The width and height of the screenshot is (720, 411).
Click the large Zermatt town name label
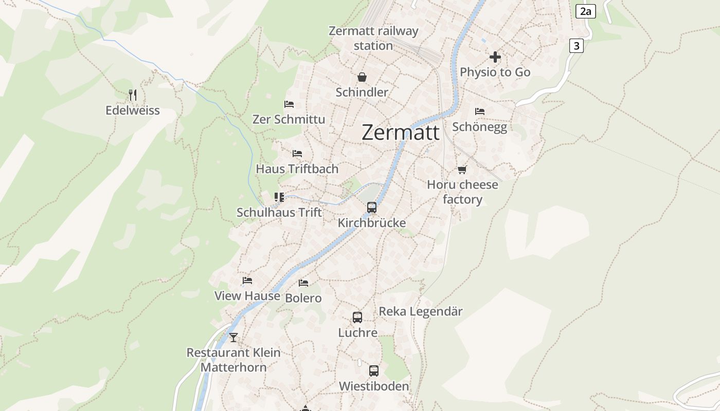[x=401, y=132]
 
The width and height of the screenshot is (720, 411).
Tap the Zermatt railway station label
[x=373, y=38]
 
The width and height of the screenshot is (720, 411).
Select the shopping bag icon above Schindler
[x=362, y=78]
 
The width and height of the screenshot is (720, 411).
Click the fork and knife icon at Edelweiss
[x=133, y=95]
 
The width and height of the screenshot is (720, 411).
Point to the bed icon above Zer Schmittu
[x=289, y=104]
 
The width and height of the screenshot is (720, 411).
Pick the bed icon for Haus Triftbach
[x=297, y=154]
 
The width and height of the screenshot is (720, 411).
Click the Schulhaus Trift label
[x=279, y=212]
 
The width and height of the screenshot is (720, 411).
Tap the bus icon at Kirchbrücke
[x=371, y=208]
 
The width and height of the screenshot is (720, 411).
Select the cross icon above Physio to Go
[x=495, y=57]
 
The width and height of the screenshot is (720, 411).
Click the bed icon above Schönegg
[x=480, y=111]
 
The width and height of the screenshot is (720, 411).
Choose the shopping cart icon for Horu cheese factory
[x=462, y=170]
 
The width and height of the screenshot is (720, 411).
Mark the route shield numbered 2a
[x=585, y=11]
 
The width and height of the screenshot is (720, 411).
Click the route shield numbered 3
[x=577, y=46]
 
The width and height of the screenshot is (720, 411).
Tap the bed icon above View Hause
[x=247, y=281]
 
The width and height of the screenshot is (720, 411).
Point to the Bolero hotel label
[x=303, y=298]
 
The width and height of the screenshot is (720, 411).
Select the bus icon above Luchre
[x=357, y=317]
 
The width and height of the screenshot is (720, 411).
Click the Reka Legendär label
[x=421, y=311]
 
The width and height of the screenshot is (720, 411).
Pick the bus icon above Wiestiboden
[x=374, y=371]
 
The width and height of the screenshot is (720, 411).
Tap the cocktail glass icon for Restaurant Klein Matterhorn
[x=233, y=338]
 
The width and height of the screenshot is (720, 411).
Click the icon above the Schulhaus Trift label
[x=279, y=197]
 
